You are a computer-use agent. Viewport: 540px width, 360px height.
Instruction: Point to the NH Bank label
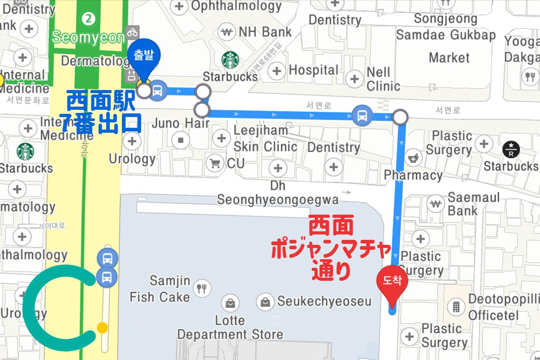(265, 32)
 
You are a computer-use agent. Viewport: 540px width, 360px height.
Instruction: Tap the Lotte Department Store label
(230, 328)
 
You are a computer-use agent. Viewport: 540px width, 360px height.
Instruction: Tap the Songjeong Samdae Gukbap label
(445, 27)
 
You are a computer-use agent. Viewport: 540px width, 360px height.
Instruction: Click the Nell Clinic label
(383, 79)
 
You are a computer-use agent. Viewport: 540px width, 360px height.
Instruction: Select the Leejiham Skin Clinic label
(265, 139)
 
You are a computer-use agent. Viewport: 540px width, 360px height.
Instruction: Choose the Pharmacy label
(414, 175)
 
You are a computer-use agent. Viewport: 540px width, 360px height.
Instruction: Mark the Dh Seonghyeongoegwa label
(278, 193)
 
